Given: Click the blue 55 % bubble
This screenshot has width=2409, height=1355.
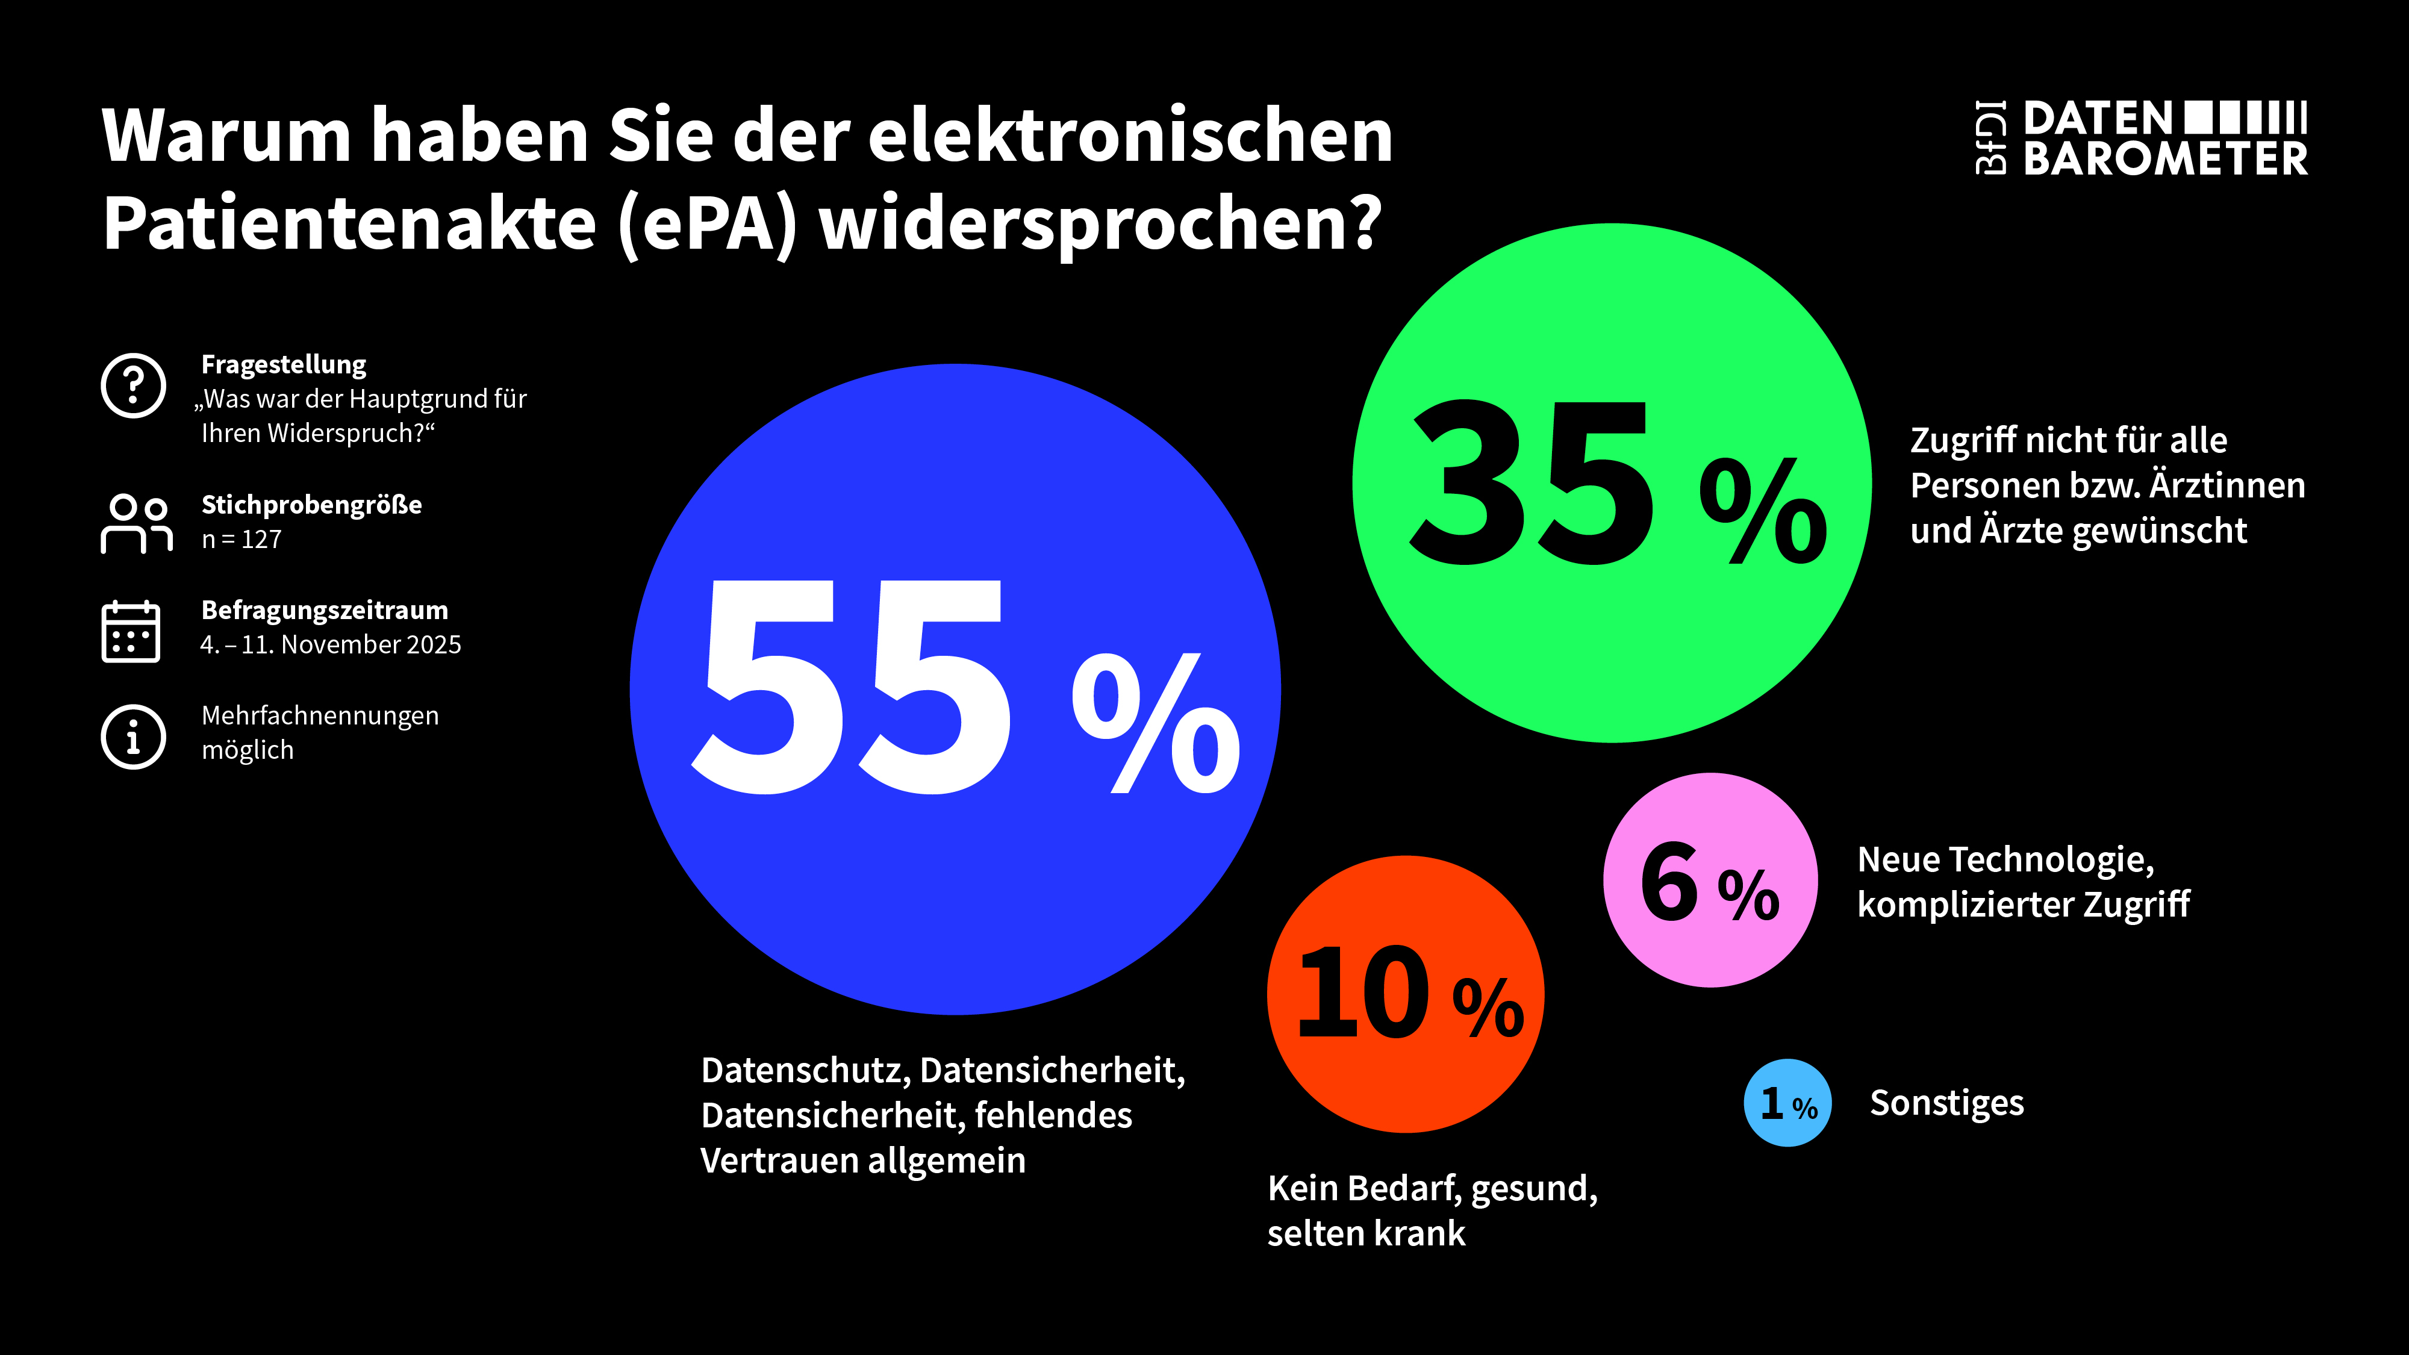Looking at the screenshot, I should click(954, 689).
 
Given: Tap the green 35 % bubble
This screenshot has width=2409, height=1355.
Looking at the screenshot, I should click(1611, 482).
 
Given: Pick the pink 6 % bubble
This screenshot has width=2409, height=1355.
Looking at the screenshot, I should click(1710, 880).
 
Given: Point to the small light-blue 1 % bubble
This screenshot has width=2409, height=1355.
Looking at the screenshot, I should click(1787, 1103).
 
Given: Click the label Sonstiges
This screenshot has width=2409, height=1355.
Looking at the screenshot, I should click(1946, 1103).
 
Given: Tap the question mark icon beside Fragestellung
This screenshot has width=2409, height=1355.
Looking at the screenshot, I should click(134, 385).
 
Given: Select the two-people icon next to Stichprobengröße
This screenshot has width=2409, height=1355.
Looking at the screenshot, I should click(137, 524).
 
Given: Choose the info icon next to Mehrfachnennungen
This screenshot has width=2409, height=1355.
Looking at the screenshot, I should click(134, 736).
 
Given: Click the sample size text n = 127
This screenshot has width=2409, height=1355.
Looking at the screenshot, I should click(242, 540).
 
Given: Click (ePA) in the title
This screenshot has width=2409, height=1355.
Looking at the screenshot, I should click(708, 225).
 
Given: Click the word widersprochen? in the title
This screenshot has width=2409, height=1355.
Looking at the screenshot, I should click(1100, 225).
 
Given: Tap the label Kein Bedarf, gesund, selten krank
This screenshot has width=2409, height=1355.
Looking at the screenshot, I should click(1431, 1210).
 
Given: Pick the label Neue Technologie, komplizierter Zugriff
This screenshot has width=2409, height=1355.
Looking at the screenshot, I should click(2023, 881).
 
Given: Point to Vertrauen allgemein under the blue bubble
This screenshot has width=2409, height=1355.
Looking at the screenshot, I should click(862, 1160).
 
